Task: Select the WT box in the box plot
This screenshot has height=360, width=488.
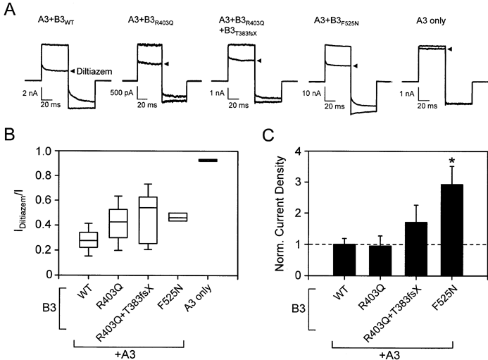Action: tap(108, 240)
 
